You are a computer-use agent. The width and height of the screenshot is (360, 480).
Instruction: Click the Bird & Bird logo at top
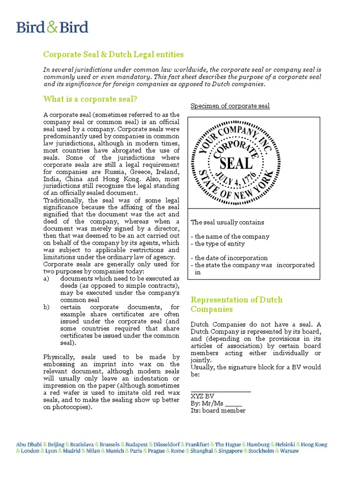tap(52, 27)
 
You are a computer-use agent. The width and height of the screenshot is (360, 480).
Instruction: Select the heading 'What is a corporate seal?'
tap(90, 99)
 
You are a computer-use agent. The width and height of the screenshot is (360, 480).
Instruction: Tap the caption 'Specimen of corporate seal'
tap(230, 106)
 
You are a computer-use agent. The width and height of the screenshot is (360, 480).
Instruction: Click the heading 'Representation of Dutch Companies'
tap(236, 304)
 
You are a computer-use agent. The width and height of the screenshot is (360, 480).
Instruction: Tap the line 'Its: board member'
tap(218, 411)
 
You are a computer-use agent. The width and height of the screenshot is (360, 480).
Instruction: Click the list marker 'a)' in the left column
tap(46, 278)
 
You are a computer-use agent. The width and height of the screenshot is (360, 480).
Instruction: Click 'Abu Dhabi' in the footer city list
tap(29, 444)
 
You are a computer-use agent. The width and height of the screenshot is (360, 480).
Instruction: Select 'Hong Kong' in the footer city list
tap(314, 444)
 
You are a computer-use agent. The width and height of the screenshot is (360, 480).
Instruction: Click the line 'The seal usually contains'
tap(227, 222)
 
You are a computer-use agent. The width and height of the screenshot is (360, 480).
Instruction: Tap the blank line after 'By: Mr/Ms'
tap(233, 404)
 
